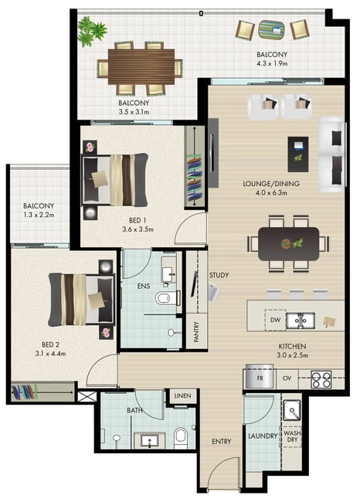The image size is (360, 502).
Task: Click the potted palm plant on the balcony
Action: [92, 31]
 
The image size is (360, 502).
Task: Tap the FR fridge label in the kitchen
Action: [260, 378]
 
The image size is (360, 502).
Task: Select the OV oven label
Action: [287, 378]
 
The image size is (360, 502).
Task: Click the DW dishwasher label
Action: [275, 320]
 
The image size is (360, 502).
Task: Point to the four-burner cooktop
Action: [321, 379]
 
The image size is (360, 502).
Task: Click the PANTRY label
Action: [196, 332]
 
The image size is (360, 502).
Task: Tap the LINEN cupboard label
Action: [182, 395]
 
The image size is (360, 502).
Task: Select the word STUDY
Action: [219, 275]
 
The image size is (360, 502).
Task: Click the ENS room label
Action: [144, 286]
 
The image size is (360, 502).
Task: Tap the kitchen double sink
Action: [300, 321]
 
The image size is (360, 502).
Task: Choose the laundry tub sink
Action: [292, 410]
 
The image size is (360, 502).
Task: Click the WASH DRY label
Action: [292, 436]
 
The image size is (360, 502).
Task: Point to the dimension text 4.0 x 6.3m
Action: [271, 193]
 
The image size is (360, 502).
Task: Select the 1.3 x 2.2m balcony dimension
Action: [39, 215]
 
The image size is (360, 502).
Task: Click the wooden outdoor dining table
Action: [141, 66]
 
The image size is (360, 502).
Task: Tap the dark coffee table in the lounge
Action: [298, 154]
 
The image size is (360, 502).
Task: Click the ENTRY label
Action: [221, 442]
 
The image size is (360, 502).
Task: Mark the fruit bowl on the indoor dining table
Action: [286, 244]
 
